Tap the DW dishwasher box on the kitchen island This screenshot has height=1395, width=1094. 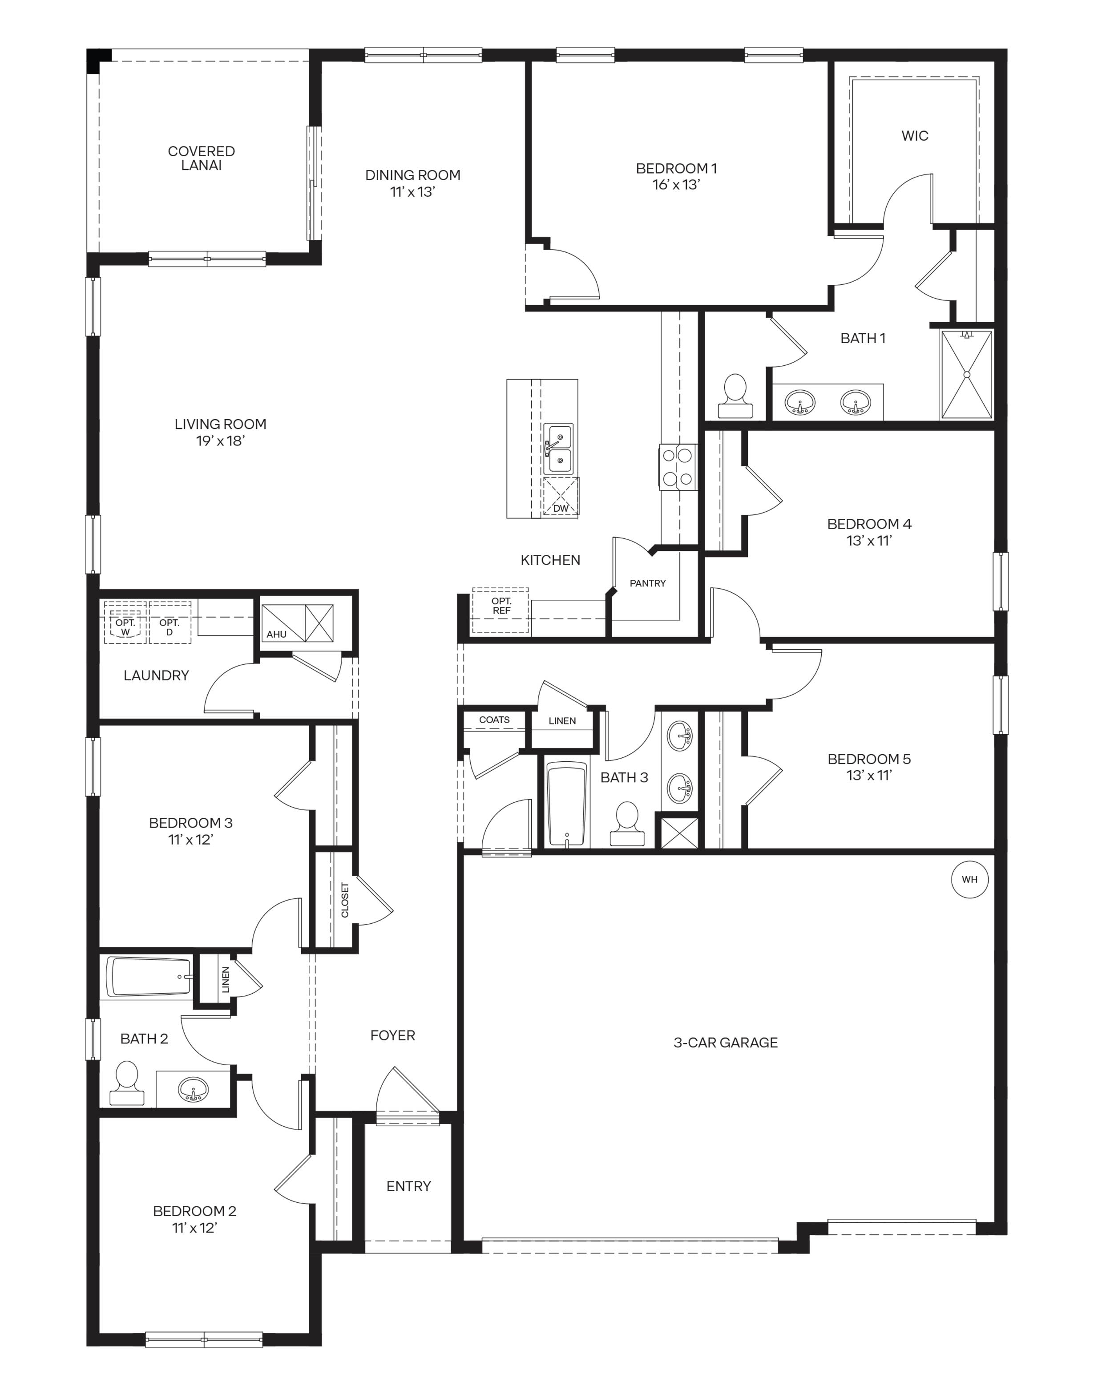tap(561, 497)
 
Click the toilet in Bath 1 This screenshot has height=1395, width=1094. tap(735, 396)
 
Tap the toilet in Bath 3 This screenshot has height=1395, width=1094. tap(626, 824)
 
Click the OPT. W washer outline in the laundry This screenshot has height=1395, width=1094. tap(125, 623)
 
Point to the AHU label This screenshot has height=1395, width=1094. tap(277, 634)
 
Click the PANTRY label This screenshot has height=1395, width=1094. tap(648, 583)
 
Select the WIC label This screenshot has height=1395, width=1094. tap(915, 136)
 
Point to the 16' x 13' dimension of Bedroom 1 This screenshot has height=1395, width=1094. tap(676, 185)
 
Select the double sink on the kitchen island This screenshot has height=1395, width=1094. tap(558, 449)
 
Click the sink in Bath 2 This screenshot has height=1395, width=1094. tap(193, 1088)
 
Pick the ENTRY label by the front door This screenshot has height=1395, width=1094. tap(409, 1186)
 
